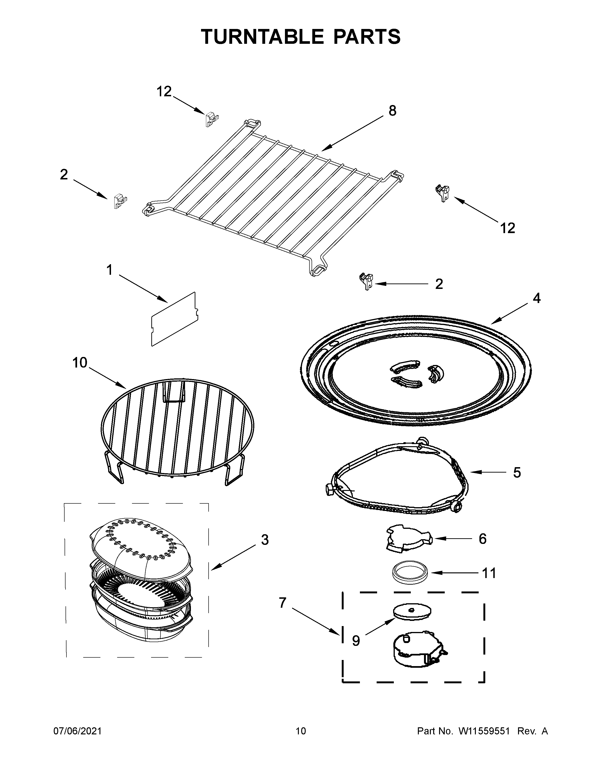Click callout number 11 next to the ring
[x=489, y=573]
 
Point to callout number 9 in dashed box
[x=356, y=641]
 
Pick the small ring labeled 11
[x=411, y=572]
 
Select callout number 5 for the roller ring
[x=517, y=473]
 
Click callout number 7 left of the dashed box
[x=282, y=603]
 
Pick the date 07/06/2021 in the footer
[x=77, y=731]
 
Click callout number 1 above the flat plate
[x=109, y=270]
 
